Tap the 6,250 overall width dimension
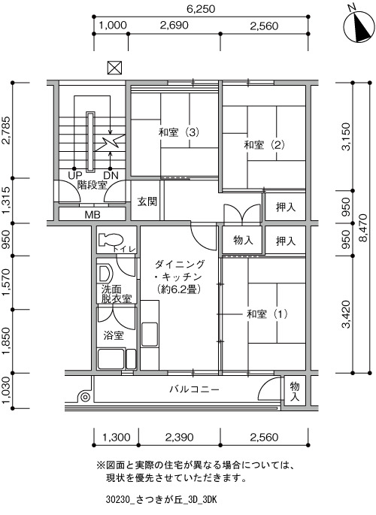pyautogui.click(x=201, y=9)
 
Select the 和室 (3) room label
pyautogui.click(x=179, y=132)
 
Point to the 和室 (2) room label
pyautogui.click(x=264, y=144)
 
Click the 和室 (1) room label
pyautogui.click(x=267, y=314)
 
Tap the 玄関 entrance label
pyautogui.click(x=147, y=201)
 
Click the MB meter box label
pyautogui.click(x=92, y=215)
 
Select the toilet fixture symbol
pyautogui.click(x=110, y=239)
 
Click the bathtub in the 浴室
pyautogui.click(x=111, y=359)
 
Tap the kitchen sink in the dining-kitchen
pyautogui.click(x=150, y=334)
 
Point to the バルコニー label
pyautogui.click(x=194, y=389)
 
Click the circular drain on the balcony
pyautogui.click(x=85, y=397)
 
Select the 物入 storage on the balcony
pyautogui.click(x=295, y=392)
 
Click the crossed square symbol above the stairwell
pyautogui.click(x=114, y=68)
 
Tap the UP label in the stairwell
pyautogui.click(x=75, y=175)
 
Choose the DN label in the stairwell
pyautogui.click(x=111, y=175)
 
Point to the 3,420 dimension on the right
pyautogui.click(x=347, y=314)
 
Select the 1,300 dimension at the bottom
pyautogui.click(x=117, y=438)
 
